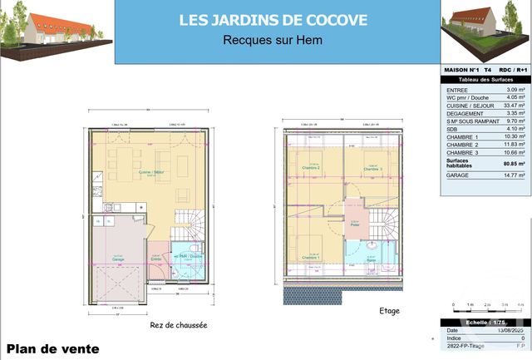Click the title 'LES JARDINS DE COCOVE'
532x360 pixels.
pos(273,19)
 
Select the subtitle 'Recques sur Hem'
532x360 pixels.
pos(273,39)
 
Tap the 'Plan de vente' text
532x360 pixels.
pos(53,349)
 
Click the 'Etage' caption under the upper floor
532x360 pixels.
pos(389,311)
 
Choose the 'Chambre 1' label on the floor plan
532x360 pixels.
pos(310,258)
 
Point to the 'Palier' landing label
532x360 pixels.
pos(354,224)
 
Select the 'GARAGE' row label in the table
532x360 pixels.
pos(460,175)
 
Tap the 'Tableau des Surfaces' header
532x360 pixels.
pos(484,78)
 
